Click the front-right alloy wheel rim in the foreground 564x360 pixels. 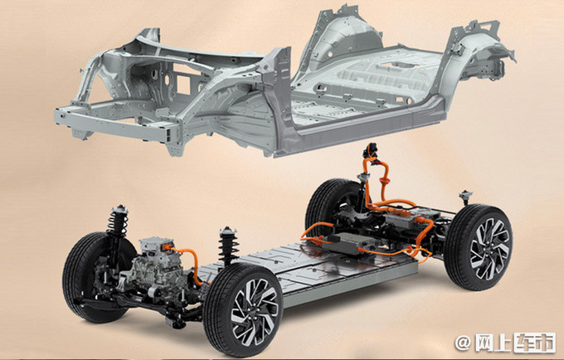click(255, 313)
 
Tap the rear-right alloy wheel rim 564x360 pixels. click(489, 249)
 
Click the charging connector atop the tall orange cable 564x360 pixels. click(371, 150)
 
